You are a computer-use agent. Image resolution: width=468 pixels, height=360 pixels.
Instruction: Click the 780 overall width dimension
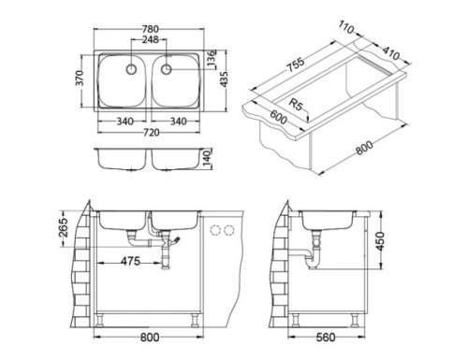point(150,29)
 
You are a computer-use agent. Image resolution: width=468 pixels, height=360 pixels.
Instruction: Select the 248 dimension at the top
point(150,40)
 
